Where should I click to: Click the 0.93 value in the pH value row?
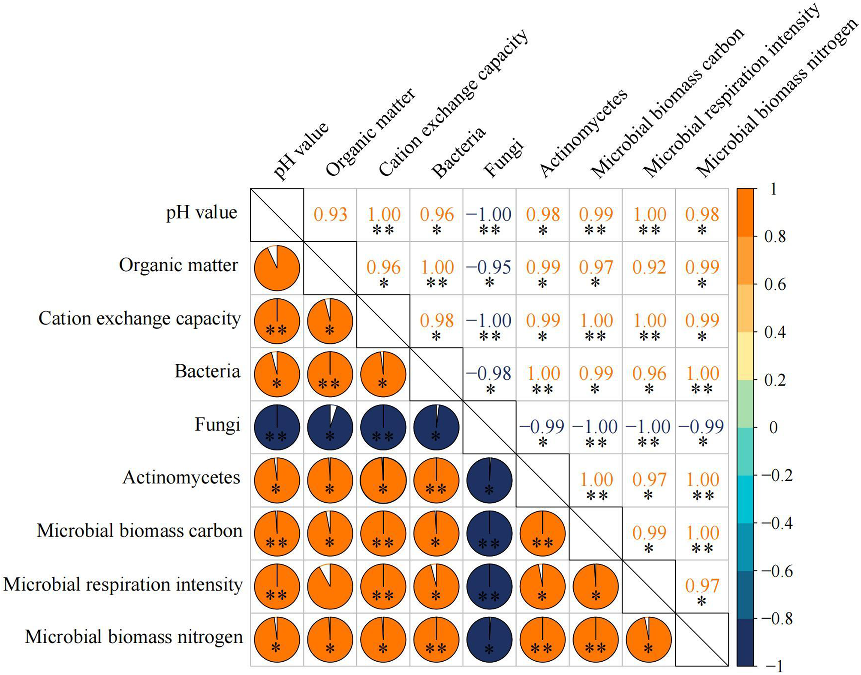tap(330, 214)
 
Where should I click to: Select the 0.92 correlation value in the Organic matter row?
tap(649, 267)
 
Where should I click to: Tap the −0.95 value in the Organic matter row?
tap(489, 267)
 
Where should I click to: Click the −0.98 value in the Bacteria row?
tap(489, 373)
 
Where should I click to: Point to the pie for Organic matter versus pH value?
tap(277, 268)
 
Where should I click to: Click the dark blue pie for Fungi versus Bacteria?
tap(436, 427)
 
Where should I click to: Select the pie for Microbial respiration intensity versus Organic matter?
tap(330, 586)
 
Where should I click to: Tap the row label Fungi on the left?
tap(217, 425)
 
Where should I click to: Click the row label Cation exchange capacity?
tap(139, 318)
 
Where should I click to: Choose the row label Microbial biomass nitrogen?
tap(134, 637)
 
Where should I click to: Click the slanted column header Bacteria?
tap(458, 153)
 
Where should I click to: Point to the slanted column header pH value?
tap(301, 150)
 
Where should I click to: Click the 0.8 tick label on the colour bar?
tap(775, 237)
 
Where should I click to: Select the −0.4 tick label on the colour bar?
tap(777, 523)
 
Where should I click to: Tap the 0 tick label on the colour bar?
tap(773, 428)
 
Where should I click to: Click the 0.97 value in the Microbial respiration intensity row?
tap(702, 586)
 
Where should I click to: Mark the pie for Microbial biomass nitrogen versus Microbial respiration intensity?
tap(648, 639)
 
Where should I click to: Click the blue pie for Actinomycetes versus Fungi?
tap(489, 480)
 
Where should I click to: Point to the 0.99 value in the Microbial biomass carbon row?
tap(649, 533)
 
